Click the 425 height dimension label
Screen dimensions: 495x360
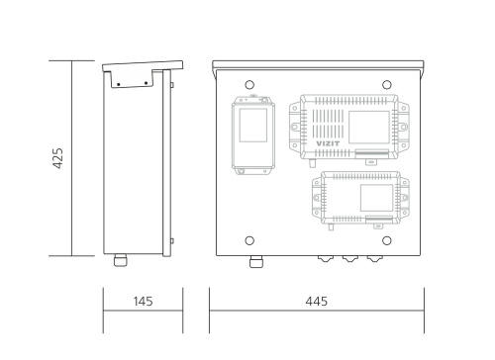(57, 158)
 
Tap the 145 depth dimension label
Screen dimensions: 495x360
(143, 302)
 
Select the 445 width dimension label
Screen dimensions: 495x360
(317, 302)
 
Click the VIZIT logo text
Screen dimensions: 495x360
(328, 143)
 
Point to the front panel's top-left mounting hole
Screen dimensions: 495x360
(249, 85)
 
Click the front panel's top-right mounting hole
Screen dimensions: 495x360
(387, 85)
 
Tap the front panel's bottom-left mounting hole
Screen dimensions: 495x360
(249, 240)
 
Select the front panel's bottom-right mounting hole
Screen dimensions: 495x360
(387, 240)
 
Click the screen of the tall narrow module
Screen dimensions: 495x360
(253, 126)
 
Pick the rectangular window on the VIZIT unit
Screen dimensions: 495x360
(369, 128)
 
